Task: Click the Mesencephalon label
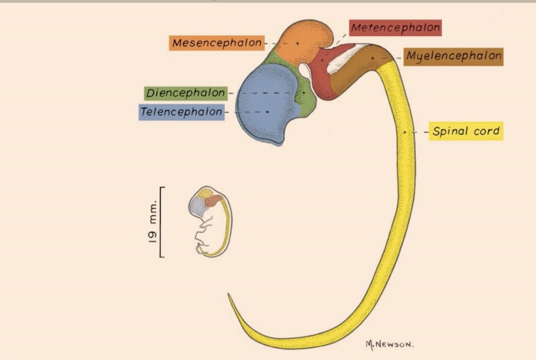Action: (x=217, y=43)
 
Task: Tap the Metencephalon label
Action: (x=395, y=28)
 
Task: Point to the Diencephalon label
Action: (x=186, y=93)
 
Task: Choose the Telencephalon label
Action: (x=181, y=112)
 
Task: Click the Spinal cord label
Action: (x=466, y=132)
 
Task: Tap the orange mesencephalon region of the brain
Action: (x=301, y=41)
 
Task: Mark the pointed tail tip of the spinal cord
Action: (x=230, y=296)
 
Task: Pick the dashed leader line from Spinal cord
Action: (x=417, y=132)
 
